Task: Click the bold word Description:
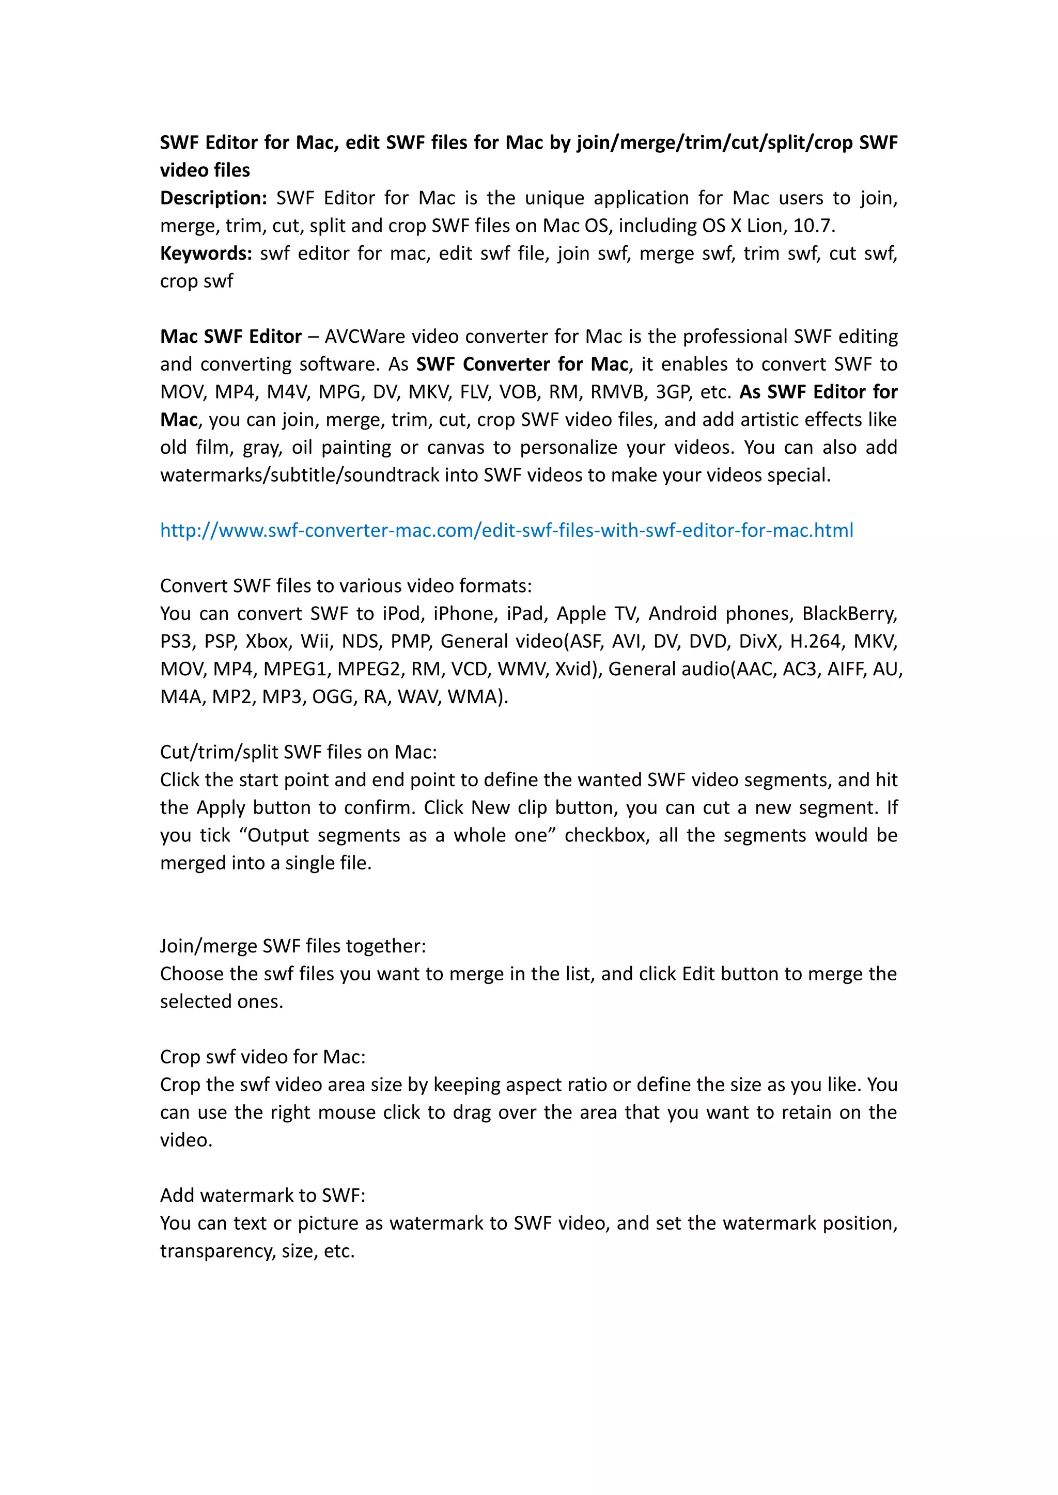pyautogui.click(x=213, y=198)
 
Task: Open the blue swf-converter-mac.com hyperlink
pyautogui.click(x=506, y=531)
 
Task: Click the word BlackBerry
pyautogui.click(x=849, y=614)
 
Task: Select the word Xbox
pyautogui.click(x=267, y=641)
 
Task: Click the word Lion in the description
pyautogui.click(x=766, y=226)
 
